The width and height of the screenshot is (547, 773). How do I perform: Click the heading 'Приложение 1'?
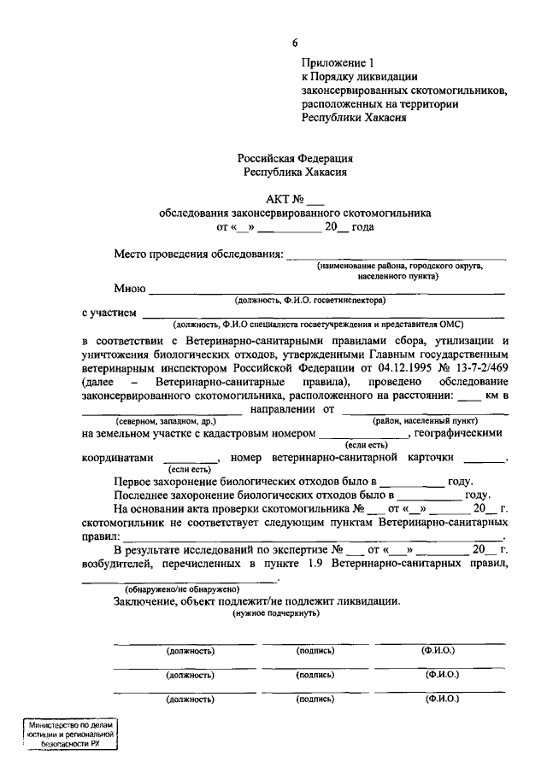click(338, 62)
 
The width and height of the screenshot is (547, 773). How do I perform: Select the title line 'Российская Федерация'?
click(295, 158)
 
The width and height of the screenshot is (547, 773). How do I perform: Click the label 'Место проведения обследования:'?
click(198, 255)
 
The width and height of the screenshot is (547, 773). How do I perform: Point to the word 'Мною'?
click(130, 288)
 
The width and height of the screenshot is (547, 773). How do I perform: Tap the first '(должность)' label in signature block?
click(190, 651)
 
